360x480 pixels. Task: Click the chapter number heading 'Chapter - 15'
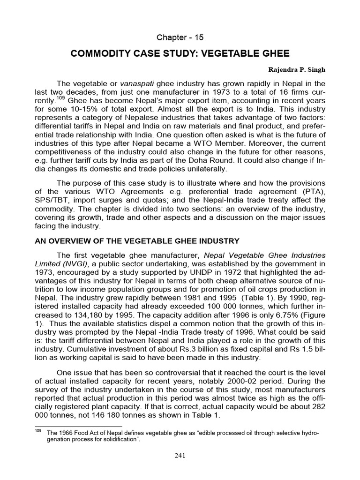pos(180,37)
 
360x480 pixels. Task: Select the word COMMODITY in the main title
pos(97,54)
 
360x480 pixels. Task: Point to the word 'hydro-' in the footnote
pos(309,433)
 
